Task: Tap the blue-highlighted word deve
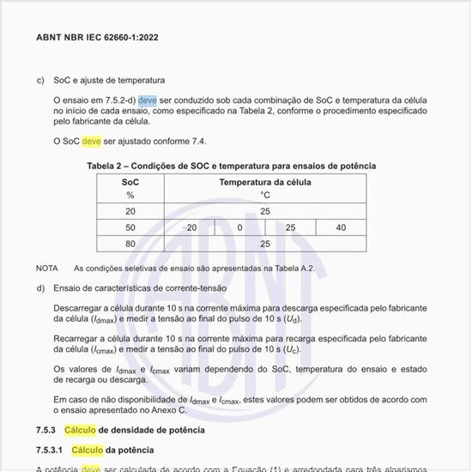(x=148, y=100)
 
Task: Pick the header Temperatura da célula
(x=265, y=182)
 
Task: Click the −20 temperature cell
(x=191, y=227)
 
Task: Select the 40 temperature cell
(x=341, y=227)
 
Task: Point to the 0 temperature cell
(x=240, y=227)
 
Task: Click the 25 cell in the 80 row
(x=265, y=244)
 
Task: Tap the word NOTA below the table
(x=47, y=269)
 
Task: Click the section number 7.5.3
(x=46, y=429)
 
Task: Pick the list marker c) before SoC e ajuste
(x=40, y=81)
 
